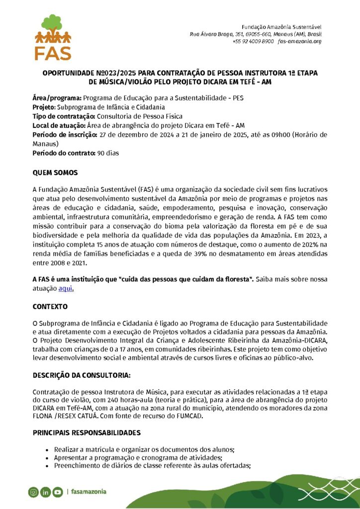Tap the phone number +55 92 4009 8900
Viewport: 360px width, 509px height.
(x=253, y=41)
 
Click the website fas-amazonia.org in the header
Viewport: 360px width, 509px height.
(x=300, y=41)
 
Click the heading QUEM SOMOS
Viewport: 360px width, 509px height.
(x=55, y=172)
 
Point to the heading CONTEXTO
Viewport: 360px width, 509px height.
(x=50, y=307)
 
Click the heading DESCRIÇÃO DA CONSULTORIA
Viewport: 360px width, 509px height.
(x=82, y=375)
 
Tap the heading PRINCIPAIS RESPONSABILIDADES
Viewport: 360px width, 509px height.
(x=87, y=432)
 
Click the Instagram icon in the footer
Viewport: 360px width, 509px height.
(x=33, y=492)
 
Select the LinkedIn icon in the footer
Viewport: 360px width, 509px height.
(x=45, y=492)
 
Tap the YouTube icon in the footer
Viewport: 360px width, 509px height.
(x=58, y=492)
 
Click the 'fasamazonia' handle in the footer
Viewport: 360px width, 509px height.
(x=89, y=492)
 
